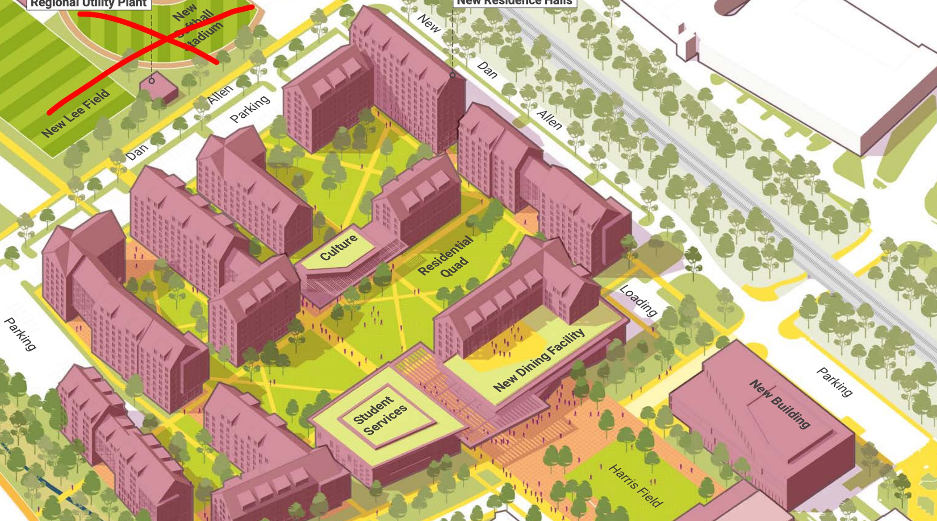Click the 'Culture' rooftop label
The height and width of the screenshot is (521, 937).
339,247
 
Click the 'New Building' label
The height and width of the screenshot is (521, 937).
779,404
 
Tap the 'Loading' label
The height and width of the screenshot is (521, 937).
638,301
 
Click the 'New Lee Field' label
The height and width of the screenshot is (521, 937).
75,113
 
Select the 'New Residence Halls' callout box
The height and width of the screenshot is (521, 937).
515,3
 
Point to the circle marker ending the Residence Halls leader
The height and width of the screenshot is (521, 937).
452,75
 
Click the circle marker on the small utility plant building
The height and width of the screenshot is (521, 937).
152,81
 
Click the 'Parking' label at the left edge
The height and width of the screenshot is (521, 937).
20,334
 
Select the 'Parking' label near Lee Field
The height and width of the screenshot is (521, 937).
250,109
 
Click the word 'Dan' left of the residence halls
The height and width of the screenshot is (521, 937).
137,152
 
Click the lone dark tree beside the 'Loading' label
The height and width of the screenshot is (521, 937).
693,259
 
